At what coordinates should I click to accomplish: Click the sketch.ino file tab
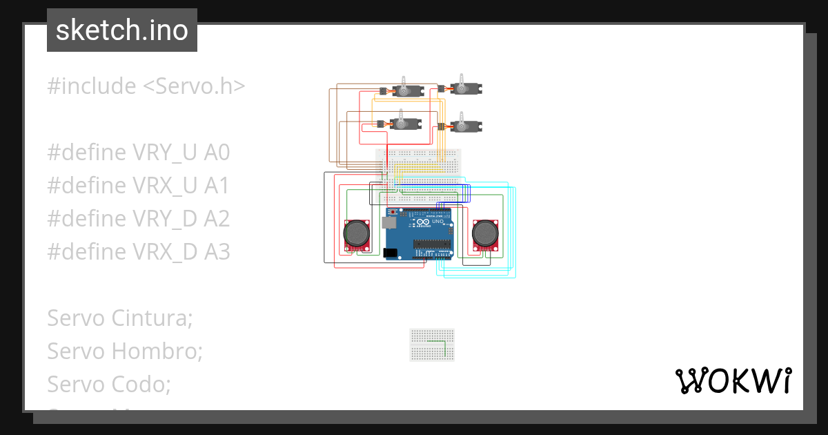pos(121,30)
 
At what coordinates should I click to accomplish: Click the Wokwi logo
pos(732,380)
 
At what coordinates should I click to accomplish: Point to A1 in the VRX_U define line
pos(217,186)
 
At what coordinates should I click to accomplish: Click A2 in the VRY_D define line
pos(217,219)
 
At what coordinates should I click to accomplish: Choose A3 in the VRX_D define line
pos(217,252)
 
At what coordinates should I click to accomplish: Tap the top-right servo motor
pos(465,88)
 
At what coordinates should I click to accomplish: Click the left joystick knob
pos(357,233)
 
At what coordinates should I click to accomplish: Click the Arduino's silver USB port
pos(388,222)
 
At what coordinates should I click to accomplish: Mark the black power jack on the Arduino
pos(390,253)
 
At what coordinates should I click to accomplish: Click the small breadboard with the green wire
pos(432,345)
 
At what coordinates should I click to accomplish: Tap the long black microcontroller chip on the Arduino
pos(434,244)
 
